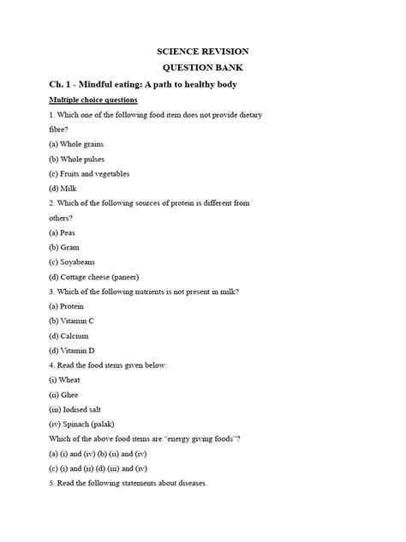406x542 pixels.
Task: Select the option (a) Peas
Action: [63, 232]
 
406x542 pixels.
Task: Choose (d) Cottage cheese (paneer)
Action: [93, 277]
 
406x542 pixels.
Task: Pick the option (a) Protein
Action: [67, 306]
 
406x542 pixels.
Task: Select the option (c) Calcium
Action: [69, 335]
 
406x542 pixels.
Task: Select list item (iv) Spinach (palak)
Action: [81, 424]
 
